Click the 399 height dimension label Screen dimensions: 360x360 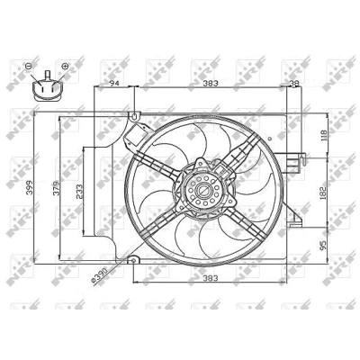pyautogui.click(x=30, y=188)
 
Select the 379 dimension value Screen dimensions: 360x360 pyautogui.click(x=57, y=188)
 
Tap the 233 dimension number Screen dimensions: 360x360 pyautogui.click(x=79, y=191)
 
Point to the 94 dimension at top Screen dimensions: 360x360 pyautogui.click(x=114, y=83)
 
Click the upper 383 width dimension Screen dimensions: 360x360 pyautogui.click(x=211, y=83)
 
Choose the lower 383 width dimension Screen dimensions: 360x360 pyautogui.click(x=211, y=278)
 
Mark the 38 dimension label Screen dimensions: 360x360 pyautogui.click(x=295, y=84)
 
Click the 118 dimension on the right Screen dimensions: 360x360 pyautogui.click(x=323, y=136)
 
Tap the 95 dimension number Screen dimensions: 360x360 pyautogui.click(x=323, y=246)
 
